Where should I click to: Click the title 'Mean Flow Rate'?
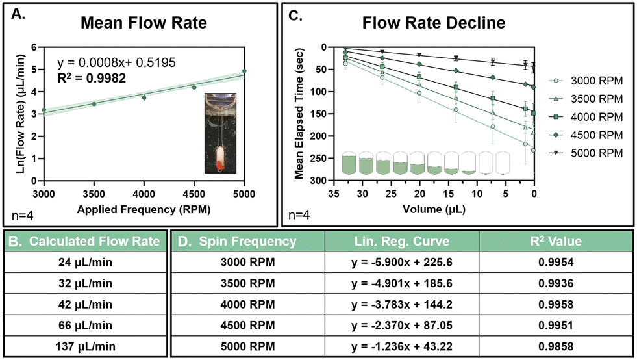click(x=144, y=23)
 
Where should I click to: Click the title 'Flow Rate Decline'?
click(x=434, y=23)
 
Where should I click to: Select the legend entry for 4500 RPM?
click(x=586, y=135)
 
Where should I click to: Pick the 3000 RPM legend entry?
click(x=586, y=81)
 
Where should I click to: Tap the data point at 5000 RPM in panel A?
click(x=244, y=71)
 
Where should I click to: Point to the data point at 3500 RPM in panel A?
click(x=94, y=104)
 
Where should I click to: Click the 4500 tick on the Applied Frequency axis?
click(x=194, y=194)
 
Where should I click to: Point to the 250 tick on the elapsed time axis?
click(x=319, y=158)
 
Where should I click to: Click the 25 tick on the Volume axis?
click(x=391, y=194)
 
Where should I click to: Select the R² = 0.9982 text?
click(x=92, y=78)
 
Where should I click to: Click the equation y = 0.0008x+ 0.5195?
click(x=117, y=62)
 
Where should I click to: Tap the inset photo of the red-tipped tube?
click(x=220, y=133)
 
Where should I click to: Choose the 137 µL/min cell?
click(x=85, y=346)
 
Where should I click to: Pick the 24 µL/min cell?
click(x=85, y=263)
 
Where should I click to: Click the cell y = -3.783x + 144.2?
click(x=402, y=305)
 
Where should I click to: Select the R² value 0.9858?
click(x=556, y=346)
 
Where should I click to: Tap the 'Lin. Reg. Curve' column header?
click(x=402, y=241)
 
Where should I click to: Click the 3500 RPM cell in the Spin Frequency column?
click(x=248, y=283)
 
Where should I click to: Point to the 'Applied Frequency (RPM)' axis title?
click(x=144, y=209)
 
